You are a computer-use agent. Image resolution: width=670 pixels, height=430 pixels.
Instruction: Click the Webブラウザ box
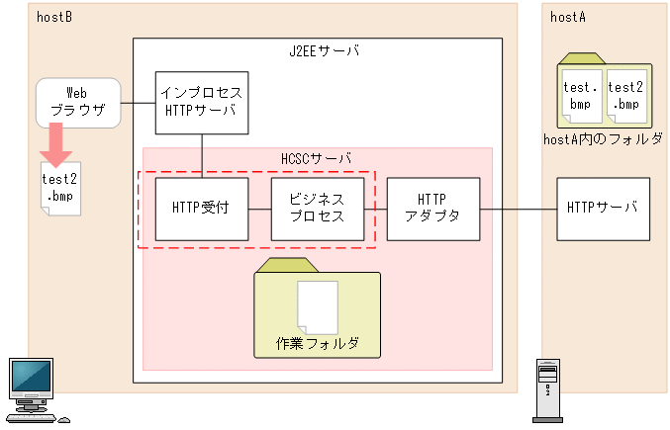pyautogui.click(x=78, y=103)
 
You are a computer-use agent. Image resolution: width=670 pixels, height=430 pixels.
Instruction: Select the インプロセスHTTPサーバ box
pyautogui.click(x=202, y=103)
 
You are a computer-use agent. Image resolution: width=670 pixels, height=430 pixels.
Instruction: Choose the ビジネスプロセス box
pyautogui.click(x=317, y=208)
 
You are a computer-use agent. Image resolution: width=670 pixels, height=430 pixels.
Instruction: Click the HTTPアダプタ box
pyautogui.click(x=432, y=208)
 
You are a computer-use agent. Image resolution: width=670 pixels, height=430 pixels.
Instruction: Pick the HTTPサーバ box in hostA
pyautogui.click(x=603, y=208)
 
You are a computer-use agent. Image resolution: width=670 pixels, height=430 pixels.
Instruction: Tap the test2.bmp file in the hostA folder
pyautogui.click(x=626, y=94)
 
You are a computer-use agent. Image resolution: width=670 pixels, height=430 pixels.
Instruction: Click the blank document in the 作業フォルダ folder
pyautogui.click(x=318, y=307)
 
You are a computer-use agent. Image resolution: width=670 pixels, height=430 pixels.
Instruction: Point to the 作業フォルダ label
pyautogui.click(x=317, y=344)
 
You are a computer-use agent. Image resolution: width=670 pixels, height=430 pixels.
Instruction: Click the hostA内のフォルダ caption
pyautogui.click(x=604, y=139)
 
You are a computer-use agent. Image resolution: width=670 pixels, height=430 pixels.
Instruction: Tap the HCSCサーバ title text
pyautogui.click(x=317, y=158)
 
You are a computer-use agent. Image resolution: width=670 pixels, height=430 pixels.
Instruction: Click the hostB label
pyautogui.click(x=53, y=17)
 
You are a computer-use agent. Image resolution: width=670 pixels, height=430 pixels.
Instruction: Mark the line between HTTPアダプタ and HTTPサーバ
pyautogui.click(x=518, y=209)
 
